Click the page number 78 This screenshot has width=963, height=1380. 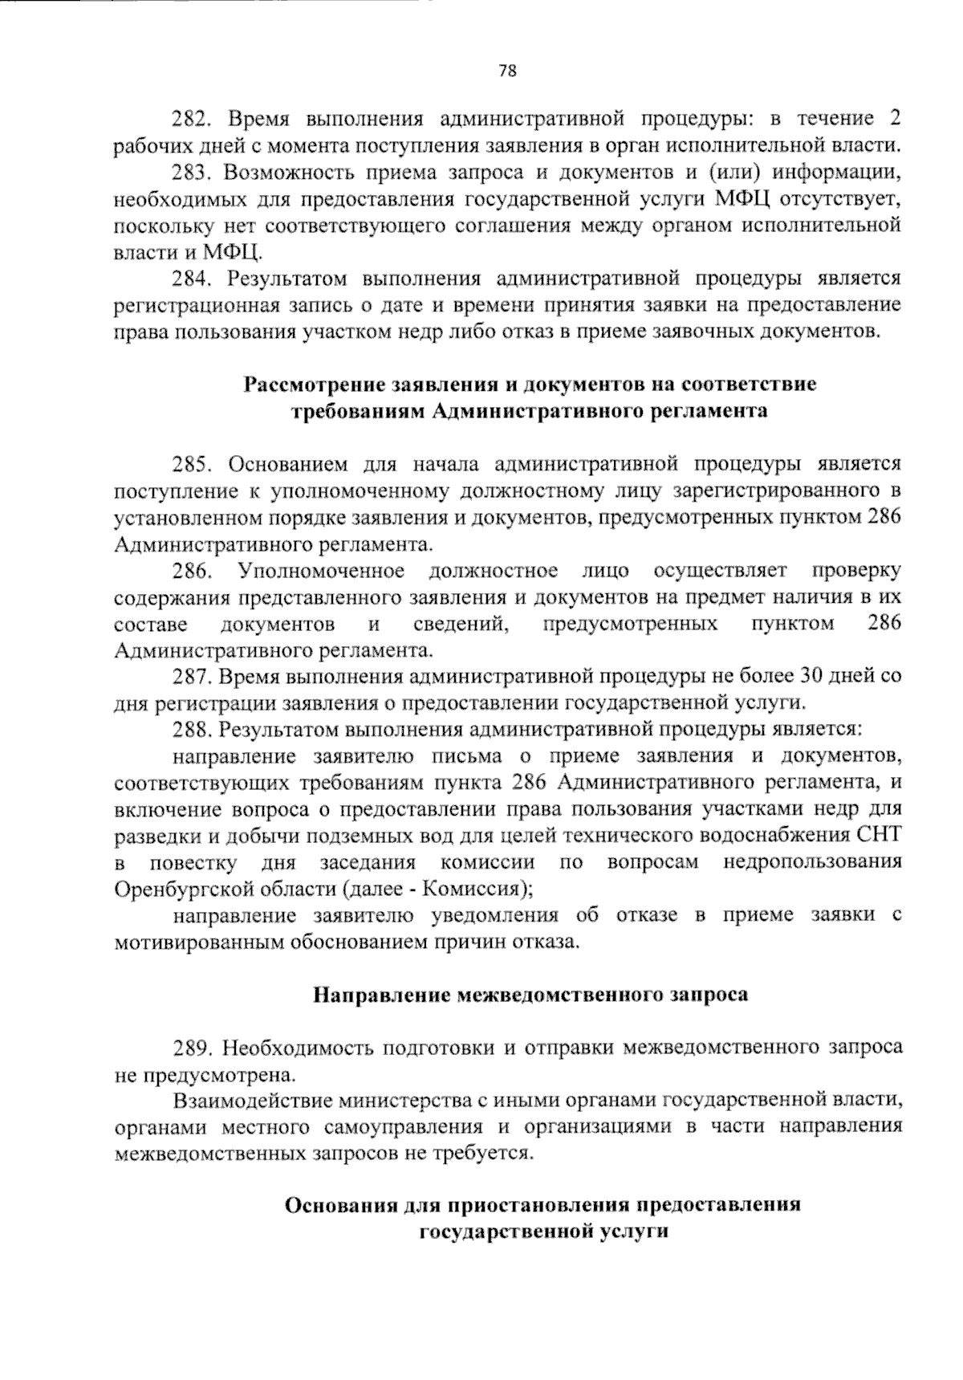pos(507,71)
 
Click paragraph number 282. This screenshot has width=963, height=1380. pos(191,120)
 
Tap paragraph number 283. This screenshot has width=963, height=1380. pos(191,173)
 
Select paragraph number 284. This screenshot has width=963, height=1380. pos(191,279)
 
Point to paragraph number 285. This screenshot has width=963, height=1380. pos(191,464)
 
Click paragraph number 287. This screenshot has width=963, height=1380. pos(191,677)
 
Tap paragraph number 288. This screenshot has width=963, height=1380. pos(191,730)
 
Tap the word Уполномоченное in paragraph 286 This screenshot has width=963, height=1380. pos(320,571)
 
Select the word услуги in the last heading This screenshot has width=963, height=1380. pos(633,1232)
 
